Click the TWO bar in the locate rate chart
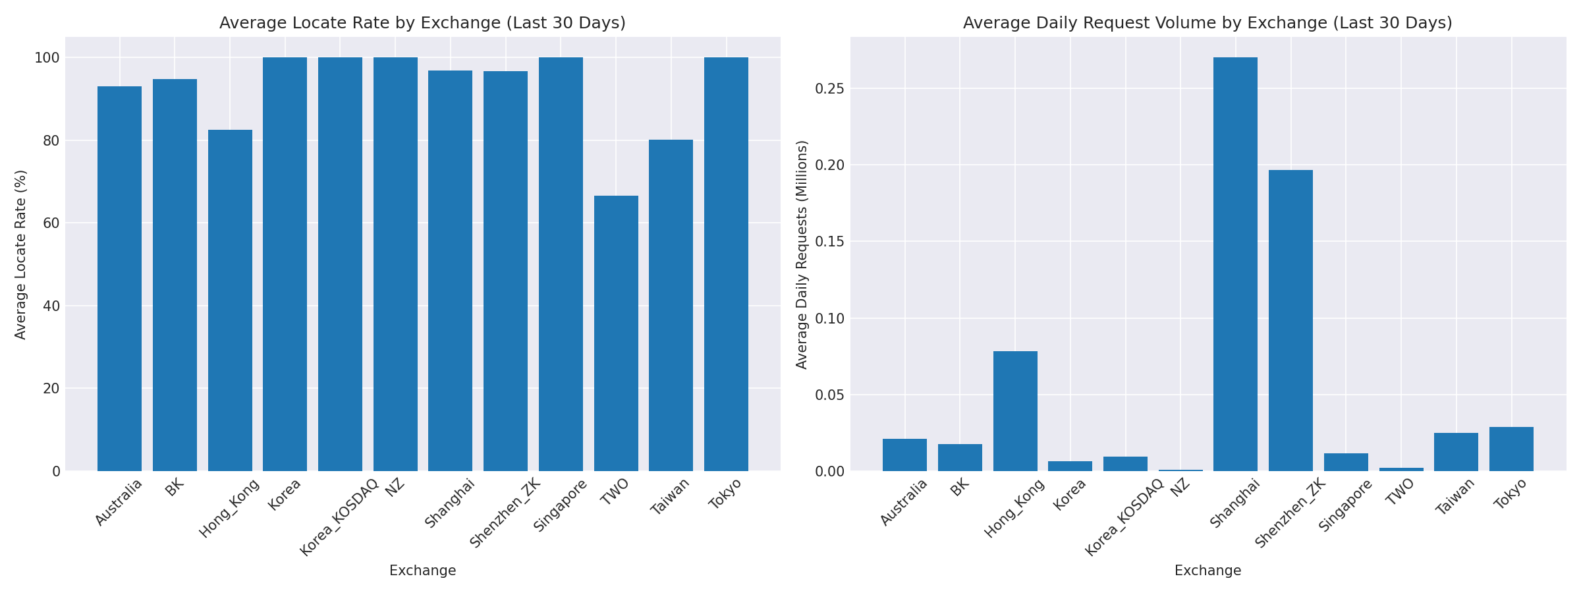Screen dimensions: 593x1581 (616, 333)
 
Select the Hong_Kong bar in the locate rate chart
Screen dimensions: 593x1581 (230, 300)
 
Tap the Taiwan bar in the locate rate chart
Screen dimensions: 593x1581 (671, 305)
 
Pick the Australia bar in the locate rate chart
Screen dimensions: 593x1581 (119, 278)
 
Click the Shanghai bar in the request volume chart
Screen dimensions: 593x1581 (1235, 264)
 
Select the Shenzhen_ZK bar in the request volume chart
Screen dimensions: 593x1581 (1290, 320)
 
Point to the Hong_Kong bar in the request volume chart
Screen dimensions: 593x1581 (1015, 410)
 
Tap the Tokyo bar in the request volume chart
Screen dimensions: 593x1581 (1511, 449)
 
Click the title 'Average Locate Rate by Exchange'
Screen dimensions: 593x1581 (422, 23)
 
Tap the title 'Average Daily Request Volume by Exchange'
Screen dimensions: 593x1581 (1207, 23)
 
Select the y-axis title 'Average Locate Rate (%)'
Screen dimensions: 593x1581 (20, 254)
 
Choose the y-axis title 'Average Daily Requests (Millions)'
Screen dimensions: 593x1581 (802, 254)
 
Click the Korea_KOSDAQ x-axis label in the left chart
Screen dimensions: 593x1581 (340, 517)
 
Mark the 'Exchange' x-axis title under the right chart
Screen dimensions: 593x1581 (1207, 571)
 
